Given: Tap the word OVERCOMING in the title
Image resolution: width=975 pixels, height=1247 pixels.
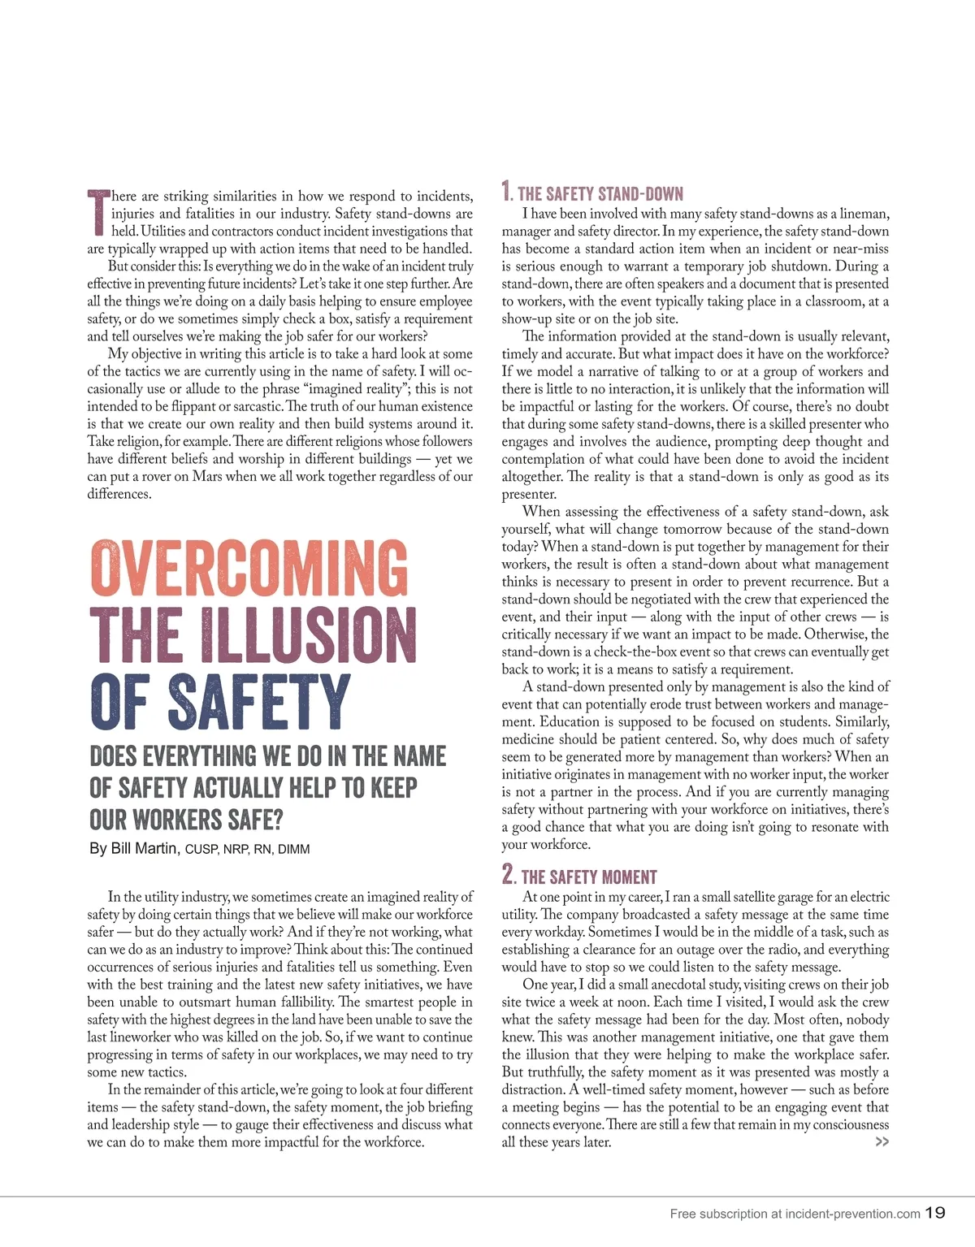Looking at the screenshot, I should (249, 566).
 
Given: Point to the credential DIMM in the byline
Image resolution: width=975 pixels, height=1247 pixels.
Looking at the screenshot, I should (293, 850).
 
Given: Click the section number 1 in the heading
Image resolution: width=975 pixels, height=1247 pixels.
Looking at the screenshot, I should (506, 193).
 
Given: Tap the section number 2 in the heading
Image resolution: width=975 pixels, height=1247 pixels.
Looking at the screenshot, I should (508, 875).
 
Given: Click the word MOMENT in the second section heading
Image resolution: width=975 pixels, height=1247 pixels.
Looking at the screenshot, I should (624, 877).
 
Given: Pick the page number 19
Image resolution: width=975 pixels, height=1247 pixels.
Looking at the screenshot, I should (935, 1213).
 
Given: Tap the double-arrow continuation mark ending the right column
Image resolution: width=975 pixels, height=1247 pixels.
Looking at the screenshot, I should (882, 1142).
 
